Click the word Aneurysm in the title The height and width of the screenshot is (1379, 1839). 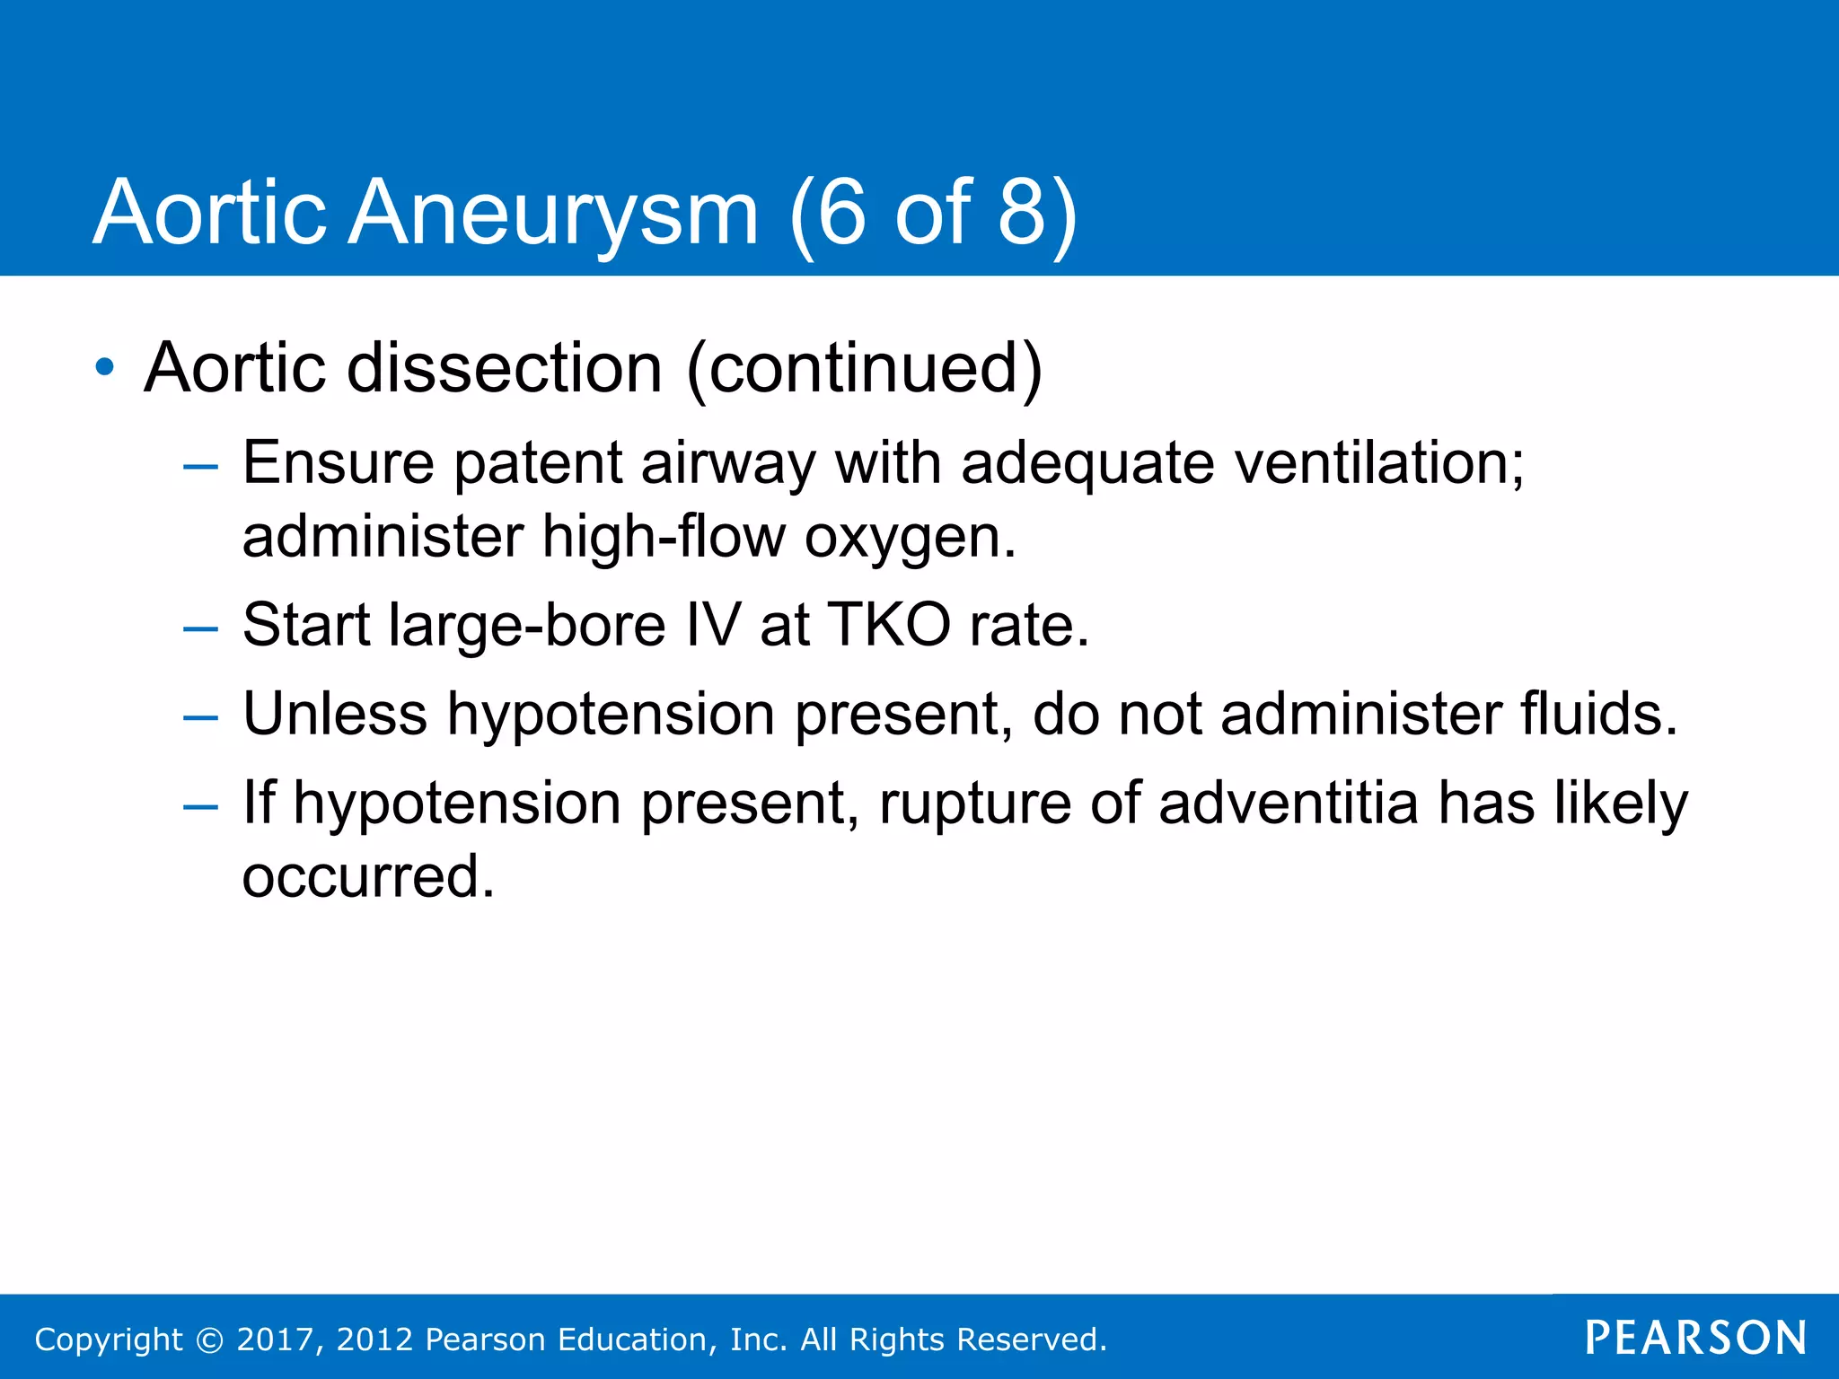(x=552, y=214)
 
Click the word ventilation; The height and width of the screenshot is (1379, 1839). (x=1379, y=463)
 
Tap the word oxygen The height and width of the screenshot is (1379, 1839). (x=910, y=538)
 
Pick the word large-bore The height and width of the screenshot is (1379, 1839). (x=528, y=627)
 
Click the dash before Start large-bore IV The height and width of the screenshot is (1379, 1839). (x=199, y=628)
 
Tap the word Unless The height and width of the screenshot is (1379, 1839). (x=335, y=714)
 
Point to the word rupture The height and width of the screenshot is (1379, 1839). (x=974, y=804)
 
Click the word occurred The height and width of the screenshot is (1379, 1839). (x=368, y=877)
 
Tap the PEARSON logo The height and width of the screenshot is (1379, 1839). (x=1695, y=1338)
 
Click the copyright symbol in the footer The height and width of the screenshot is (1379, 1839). (x=209, y=1339)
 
